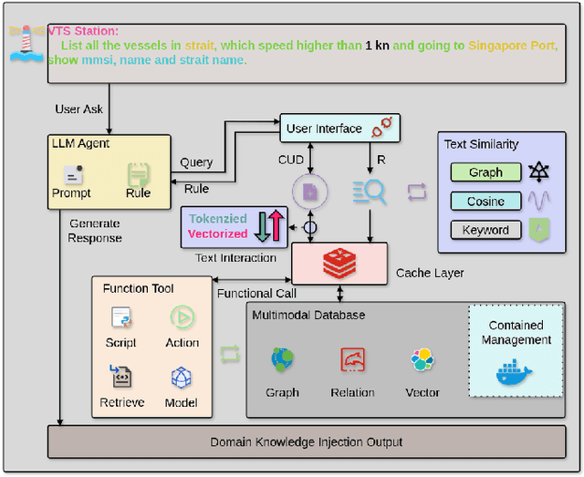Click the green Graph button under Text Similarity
485,172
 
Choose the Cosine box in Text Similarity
485,201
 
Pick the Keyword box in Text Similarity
485,230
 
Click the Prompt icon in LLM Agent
72,173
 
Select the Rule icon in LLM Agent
138,173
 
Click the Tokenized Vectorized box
234,226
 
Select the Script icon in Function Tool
120,318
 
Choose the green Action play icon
182,318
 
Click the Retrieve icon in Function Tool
120,378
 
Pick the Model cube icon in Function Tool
182,378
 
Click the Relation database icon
352,361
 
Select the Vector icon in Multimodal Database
422,361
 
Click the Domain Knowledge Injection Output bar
306,442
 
